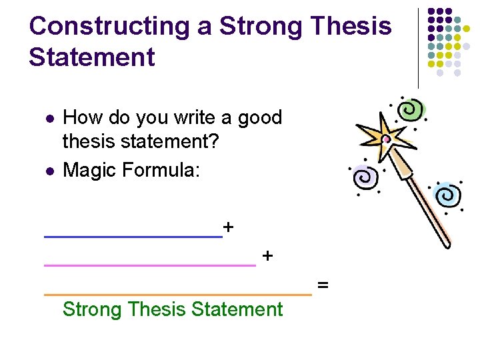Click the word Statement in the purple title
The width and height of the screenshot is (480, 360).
pyautogui.click(x=91, y=57)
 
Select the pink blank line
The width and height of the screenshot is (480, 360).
pyautogui.click(x=149, y=265)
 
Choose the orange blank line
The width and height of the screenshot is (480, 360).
pyautogui.click(x=177, y=293)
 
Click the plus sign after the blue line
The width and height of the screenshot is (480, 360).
pyautogui.click(x=229, y=227)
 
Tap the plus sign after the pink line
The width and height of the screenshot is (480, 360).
pyautogui.click(x=267, y=256)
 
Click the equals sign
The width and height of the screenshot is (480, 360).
pyautogui.click(x=323, y=285)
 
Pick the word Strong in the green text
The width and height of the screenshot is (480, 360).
pyautogui.click(x=91, y=309)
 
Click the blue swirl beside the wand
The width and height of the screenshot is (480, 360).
pyautogui.click(x=446, y=195)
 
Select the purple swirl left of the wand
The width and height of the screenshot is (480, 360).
pyautogui.click(x=363, y=177)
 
